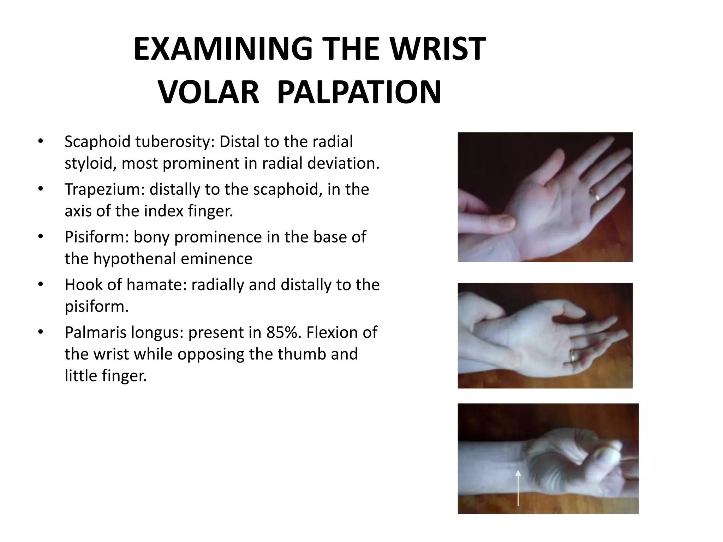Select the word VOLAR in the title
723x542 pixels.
pos(208,92)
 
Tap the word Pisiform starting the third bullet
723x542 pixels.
pos(96,237)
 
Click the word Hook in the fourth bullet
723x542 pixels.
pos(83,285)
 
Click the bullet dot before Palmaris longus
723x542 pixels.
pos(41,332)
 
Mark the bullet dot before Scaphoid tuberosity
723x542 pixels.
pos(41,141)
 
